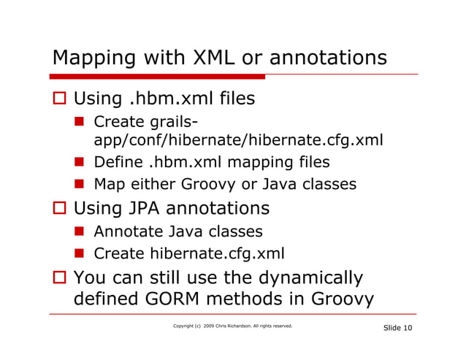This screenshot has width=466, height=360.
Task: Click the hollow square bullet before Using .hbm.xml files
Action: pyautogui.click(x=60, y=99)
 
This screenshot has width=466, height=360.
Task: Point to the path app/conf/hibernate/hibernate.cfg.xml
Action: pyautogui.click(x=238, y=139)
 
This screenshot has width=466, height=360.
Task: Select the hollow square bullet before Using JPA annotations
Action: pyautogui.click(x=60, y=210)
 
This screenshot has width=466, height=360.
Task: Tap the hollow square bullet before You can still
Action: pyautogui.click(x=60, y=279)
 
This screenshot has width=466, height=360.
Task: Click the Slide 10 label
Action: pyautogui.click(x=397, y=329)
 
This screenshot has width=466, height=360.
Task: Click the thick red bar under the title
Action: pyautogui.click(x=157, y=76)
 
